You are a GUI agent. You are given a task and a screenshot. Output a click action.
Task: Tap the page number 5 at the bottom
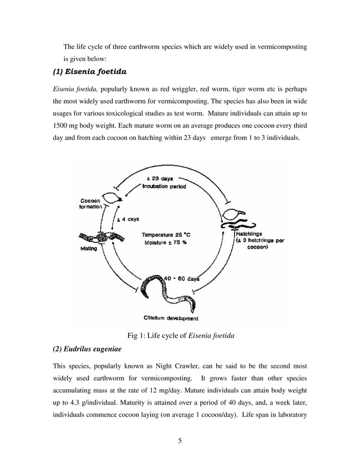point(179,441)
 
